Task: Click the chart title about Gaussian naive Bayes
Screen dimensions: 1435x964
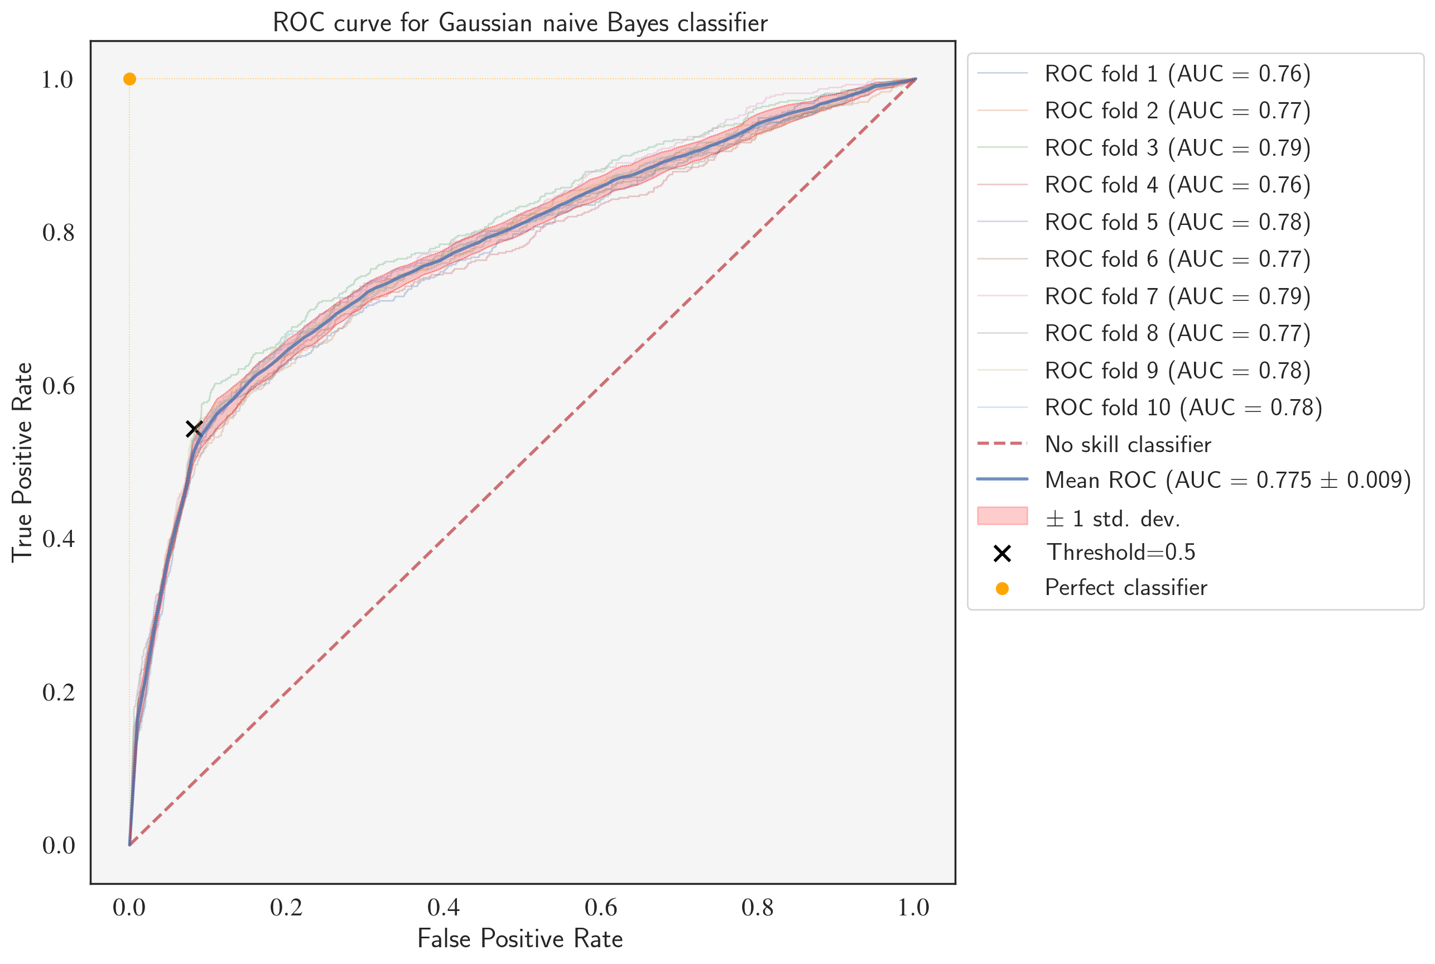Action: [x=520, y=23]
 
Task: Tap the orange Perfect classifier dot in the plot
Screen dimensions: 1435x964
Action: [x=129, y=79]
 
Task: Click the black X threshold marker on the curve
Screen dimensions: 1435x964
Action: [x=194, y=429]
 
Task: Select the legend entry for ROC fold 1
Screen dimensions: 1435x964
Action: [x=1177, y=74]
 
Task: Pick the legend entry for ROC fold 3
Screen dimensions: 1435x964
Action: [x=1177, y=148]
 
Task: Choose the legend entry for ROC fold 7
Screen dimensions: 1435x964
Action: [x=1177, y=296]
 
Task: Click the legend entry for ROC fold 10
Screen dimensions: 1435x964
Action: [x=1183, y=407]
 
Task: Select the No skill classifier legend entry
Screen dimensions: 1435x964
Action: [x=1128, y=444]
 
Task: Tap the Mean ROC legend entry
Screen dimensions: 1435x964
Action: [x=1228, y=480]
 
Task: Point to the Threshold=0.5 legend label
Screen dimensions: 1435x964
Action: [x=1121, y=552]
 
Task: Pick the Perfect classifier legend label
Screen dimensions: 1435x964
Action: [x=1126, y=588]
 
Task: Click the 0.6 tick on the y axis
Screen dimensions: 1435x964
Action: [x=59, y=386]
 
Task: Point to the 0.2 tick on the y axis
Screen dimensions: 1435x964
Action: [x=59, y=692]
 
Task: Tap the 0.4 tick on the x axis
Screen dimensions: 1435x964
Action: [x=444, y=908]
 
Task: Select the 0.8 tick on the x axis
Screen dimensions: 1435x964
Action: [x=757, y=908]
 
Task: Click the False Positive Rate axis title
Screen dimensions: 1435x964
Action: [x=520, y=939]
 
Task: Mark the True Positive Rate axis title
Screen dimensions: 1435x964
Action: [x=22, y=462]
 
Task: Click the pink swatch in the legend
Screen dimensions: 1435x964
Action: [x=1001, y=516]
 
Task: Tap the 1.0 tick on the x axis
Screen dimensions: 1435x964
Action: [x=913, y=908]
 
